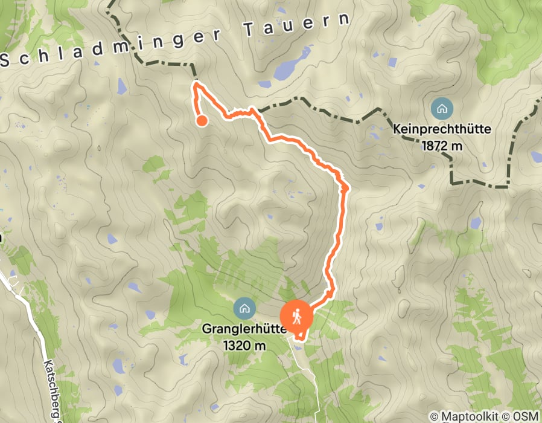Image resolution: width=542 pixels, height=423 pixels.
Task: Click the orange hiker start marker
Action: (x=296, y=316)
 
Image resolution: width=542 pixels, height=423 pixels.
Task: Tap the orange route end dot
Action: (x=202, y=120)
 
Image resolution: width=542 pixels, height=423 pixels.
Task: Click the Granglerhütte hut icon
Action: (x=244, y=308)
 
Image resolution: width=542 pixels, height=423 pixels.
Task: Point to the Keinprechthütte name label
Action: (x=442, y=129)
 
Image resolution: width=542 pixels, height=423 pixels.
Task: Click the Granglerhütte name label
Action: (x=243, y=332)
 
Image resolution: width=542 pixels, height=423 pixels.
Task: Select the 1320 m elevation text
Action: (x=244, y=346)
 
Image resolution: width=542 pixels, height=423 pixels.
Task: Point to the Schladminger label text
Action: (x=109, y=45)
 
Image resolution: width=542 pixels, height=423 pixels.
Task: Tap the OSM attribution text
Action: (x=525, y=416)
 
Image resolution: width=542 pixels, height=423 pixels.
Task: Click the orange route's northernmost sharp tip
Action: (x=196, y=85)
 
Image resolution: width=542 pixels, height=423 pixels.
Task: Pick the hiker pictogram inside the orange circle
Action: (x=296, y=316)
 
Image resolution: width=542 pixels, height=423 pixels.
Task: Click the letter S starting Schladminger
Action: (x=6, y=59)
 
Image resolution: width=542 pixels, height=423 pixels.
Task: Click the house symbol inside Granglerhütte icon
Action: (x=244, y=308)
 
